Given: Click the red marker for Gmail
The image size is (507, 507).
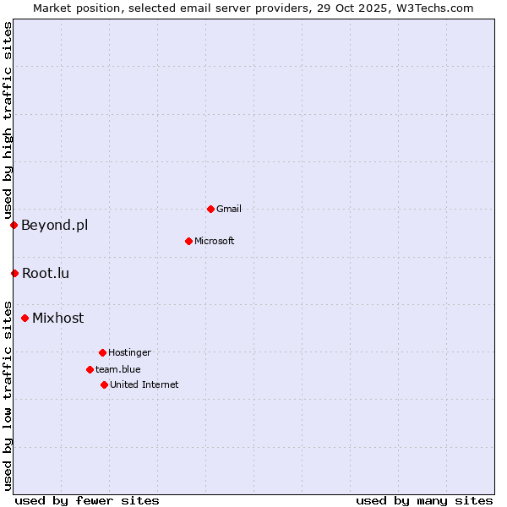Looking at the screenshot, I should click(x=210, y=209).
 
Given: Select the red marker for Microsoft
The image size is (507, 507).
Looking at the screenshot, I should click(x=188, y=241).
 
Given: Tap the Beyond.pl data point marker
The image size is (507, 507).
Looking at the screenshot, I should click(x=14, y=225).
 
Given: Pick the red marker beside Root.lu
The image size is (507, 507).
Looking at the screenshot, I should click(x=14, y=273).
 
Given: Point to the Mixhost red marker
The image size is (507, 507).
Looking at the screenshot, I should click(x=25, y=318).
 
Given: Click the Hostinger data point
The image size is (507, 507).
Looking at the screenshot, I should click(x=102, y=352).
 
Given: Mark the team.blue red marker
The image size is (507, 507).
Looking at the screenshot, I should click(x=90, y=369).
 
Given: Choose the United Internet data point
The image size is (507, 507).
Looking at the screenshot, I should click(x=104, y=384).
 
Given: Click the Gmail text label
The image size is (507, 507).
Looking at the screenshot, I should click(x=229, y=209).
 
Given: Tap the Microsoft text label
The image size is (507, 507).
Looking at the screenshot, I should click(x=215, y=241).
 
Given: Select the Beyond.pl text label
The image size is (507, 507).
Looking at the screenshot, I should click(x=54, y=225).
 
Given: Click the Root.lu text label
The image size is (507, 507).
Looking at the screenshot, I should click(x=46, y=273).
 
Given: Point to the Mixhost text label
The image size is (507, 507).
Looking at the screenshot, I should click(x=57, y=318).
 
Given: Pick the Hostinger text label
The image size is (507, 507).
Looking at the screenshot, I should click(x=129, y=352).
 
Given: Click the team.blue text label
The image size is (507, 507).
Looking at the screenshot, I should click(x=118, y=369).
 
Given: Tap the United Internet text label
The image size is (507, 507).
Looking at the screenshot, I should click(x=144, y=384).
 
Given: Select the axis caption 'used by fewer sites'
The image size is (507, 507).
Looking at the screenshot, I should click(x=87, y=500).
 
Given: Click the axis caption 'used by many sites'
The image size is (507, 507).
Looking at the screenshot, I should click(x=424, y=500).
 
